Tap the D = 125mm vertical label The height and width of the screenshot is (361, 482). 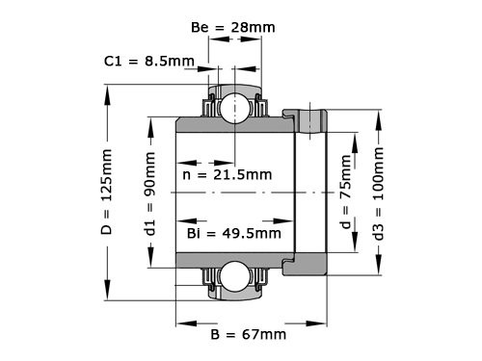point(107,192)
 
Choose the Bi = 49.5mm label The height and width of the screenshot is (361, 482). point(234,232)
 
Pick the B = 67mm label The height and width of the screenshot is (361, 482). point(248,334)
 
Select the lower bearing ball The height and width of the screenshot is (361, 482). point(231,277)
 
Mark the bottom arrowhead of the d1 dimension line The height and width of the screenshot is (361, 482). point(149,263)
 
